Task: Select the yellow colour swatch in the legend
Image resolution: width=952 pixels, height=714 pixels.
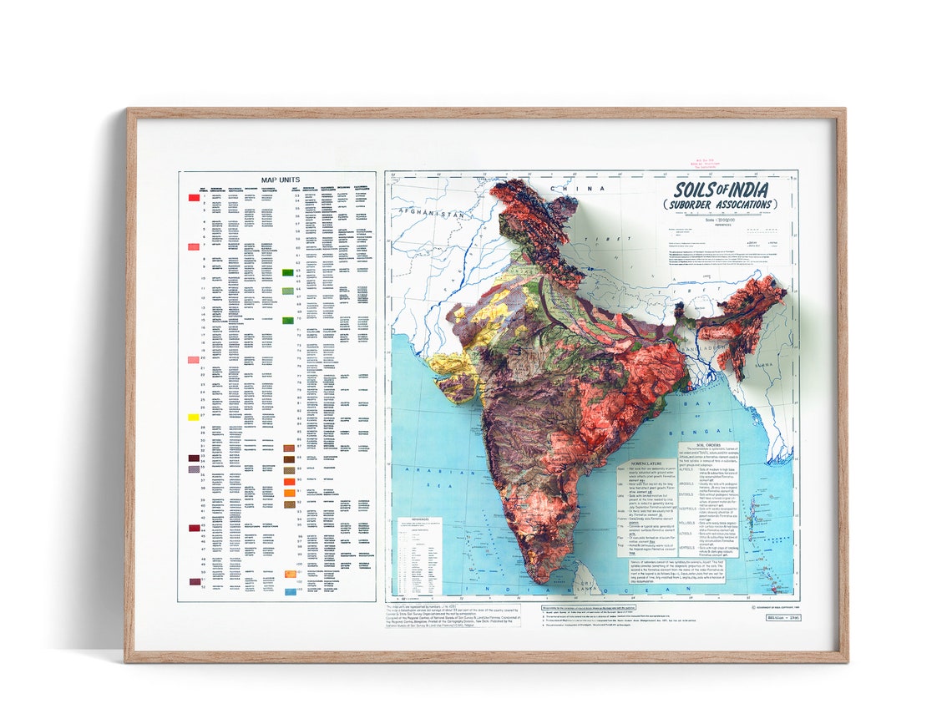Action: pos(193,417)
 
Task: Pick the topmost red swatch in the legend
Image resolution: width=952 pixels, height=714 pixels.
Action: pos(193,198)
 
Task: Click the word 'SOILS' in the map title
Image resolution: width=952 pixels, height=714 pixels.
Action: pos(698,190)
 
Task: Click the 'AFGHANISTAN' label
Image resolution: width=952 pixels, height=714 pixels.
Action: pos(432,214)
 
